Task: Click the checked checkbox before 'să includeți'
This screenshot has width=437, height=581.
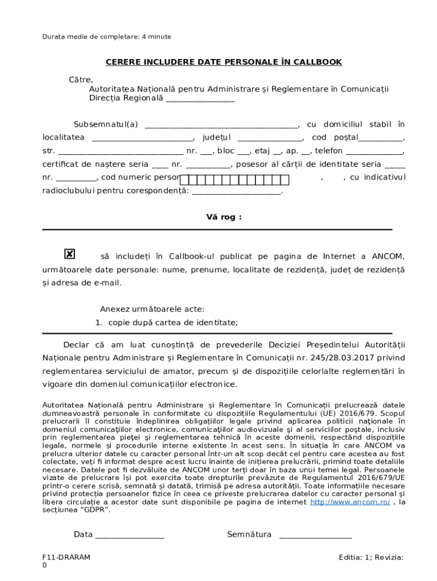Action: pos(69,254)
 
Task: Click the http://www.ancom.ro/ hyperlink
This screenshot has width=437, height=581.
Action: pos(350,502)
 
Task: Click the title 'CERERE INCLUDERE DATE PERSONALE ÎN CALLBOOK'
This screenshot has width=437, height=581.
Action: pos(224,62)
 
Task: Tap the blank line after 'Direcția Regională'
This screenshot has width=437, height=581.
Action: pos(200,99)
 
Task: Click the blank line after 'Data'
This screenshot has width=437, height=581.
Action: pos(130,535)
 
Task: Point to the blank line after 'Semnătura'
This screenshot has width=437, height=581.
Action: pos(316,535)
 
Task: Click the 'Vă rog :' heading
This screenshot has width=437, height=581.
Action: pos(224,217)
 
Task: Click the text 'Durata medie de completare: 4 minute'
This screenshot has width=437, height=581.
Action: pos(107,37)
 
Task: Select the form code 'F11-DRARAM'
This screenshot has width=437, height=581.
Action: pos(66,557)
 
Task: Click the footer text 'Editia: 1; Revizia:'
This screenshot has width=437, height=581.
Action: pos(371,557)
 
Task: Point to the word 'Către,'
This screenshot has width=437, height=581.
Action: pos(81,79)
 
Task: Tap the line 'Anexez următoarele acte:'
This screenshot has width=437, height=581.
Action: pos(152,309)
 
